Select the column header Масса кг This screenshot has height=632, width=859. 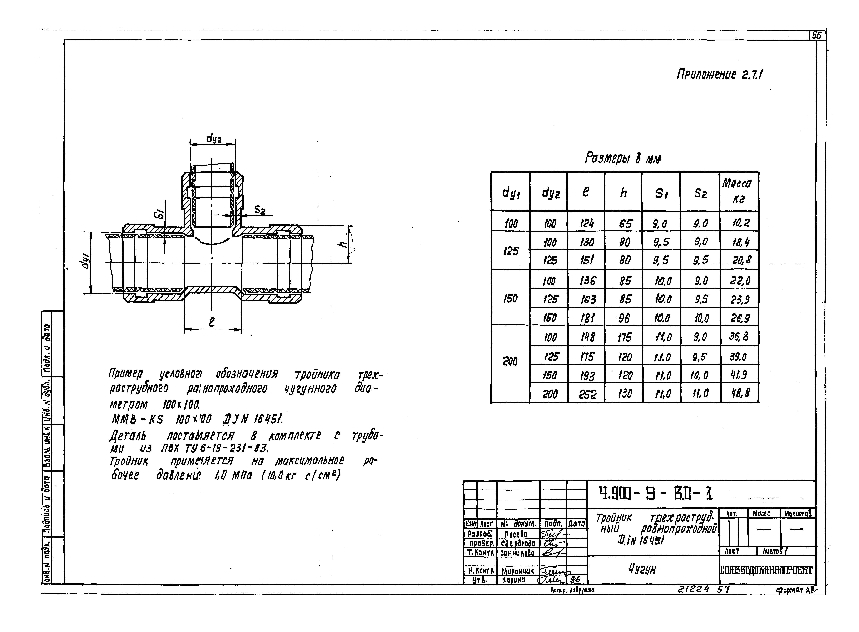coord(739,191)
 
